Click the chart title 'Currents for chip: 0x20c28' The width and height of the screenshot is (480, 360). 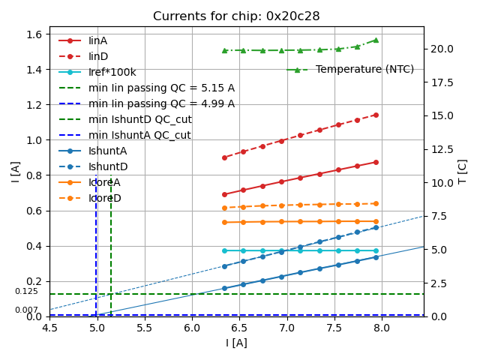(236, 16)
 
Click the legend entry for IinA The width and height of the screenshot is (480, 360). (98, 40)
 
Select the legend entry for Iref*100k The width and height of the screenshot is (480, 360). (112, 72)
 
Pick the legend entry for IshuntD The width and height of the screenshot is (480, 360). (108, 166)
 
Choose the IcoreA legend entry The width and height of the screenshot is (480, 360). (104, 182)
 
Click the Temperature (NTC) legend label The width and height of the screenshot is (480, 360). (364, 70)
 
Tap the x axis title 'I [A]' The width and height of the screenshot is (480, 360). (236, 343)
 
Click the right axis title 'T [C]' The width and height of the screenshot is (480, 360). (463, 171)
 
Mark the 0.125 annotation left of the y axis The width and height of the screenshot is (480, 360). (26, 291)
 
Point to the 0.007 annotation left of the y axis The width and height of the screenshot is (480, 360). (26, 310)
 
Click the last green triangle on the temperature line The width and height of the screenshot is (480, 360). (376, 40)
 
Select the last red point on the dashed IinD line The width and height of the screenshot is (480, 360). (376, 115)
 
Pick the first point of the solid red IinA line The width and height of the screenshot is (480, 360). (224, 194)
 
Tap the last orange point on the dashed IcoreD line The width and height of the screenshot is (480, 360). (376, 203)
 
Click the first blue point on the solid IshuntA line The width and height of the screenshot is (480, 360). (224, 288)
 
